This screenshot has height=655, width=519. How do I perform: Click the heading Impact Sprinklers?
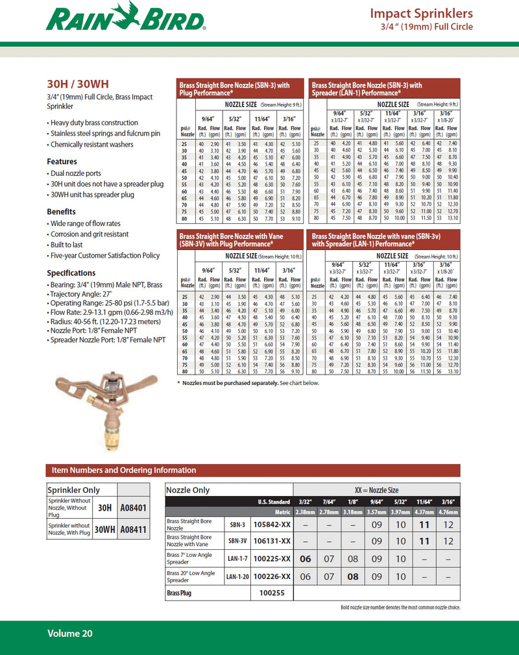(x=421, y=14)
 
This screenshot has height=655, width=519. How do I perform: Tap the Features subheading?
(x=62, y=162)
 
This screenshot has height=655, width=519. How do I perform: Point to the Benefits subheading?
(x=61, y=212)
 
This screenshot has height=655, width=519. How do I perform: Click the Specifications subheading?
(x=71, y=273)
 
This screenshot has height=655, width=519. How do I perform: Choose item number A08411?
(x=134, y=530)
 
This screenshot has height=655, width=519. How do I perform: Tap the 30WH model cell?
(x=104, y=530)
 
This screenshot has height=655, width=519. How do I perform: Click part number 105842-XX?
(x=272, y=524)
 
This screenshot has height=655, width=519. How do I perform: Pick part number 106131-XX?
(x=272, y=541)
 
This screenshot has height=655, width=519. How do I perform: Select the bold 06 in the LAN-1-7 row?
(x=306, y=558)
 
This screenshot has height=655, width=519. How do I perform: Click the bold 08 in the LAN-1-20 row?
(x=353, y=576)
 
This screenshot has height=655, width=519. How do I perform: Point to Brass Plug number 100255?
(x=272, y=593)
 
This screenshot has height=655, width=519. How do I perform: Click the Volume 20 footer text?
(x=69, y=633)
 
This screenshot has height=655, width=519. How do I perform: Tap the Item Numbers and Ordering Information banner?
(x=124, y=470)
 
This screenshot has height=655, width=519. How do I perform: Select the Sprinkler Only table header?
(x=73, y=490)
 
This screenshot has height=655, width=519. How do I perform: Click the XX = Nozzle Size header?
(x=376, y=490)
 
